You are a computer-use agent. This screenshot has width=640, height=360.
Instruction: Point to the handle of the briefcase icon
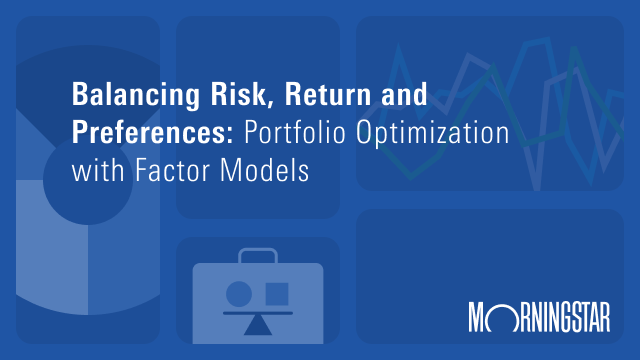click(257, 254)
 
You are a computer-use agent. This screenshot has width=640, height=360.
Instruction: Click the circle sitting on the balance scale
click(239, 294)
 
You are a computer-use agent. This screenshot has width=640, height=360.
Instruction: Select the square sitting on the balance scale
click(276, 294)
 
